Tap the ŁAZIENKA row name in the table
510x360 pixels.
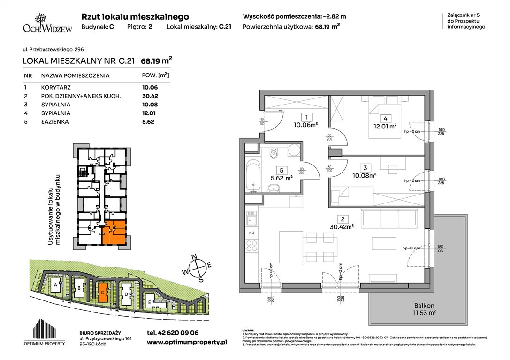(x=55, y=121)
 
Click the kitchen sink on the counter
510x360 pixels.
(x=252, y=218)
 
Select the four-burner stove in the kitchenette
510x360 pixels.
(x=252, y=246)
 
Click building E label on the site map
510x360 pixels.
(x=149, y=302)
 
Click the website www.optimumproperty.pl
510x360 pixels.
(x=187, y=343)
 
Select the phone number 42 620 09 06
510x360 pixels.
(x=172, y=332)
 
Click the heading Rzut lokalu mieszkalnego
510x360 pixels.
(x=135, y=16)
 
